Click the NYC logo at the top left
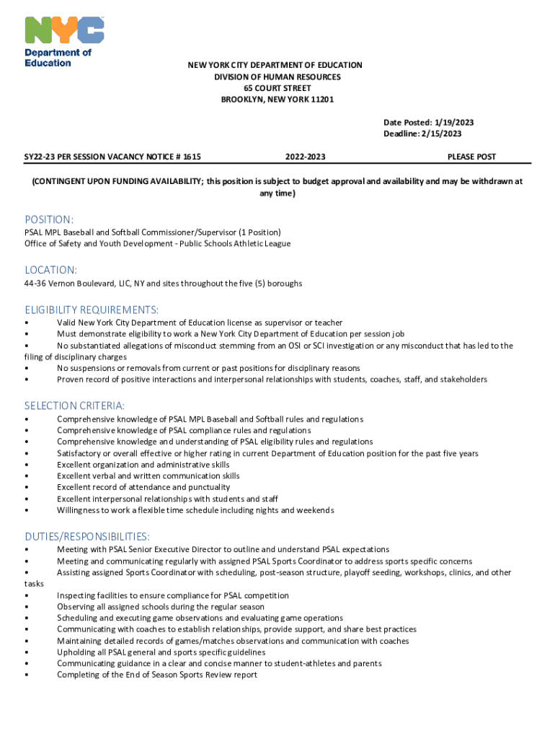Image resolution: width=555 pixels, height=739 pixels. click(65, 30)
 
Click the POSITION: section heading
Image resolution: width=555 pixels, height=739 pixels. click(49, 219)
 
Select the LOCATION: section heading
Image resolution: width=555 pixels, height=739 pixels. click(50, 270)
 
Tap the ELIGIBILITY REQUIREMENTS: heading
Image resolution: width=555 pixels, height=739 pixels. click(92, 310)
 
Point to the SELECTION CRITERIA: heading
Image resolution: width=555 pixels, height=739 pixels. click(74, 406)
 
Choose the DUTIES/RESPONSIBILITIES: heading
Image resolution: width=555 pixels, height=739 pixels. click(87, 536)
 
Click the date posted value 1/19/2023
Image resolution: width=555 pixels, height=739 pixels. click(453, 123)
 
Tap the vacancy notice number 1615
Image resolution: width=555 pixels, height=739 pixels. click(192, 157)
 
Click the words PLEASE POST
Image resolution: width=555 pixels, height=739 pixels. click(471, 157)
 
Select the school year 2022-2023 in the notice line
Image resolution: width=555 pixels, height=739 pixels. click(305, 157)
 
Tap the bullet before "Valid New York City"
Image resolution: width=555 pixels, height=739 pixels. click(27, 323)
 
